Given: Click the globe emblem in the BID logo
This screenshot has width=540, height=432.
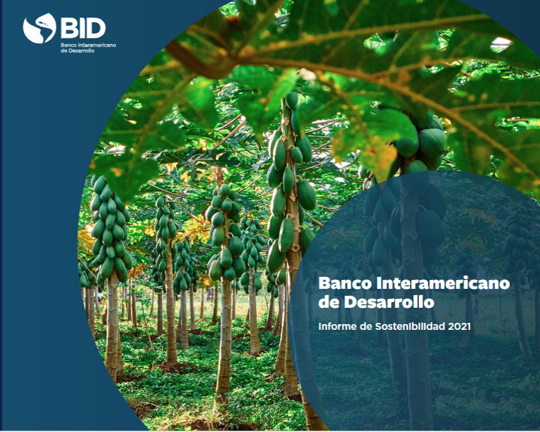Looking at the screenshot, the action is pos(40,28).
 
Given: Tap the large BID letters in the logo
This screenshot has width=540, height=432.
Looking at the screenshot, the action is pos(83,28).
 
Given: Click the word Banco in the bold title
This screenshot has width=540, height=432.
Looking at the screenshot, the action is pos(345,283).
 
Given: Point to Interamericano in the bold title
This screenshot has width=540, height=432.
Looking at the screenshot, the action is pos(443,283).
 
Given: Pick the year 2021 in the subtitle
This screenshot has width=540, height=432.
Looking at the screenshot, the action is pos(459,326).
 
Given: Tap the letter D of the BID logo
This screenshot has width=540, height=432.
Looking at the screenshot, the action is pos(97,28).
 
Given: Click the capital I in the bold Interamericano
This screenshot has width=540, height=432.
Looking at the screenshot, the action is pos(379,283).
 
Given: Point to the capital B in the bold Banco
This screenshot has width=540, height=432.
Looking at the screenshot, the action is pos(324,283).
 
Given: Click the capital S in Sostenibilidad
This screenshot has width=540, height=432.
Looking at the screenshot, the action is pos(378,326).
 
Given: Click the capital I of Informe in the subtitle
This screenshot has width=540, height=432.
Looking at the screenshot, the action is pos(320,326).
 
